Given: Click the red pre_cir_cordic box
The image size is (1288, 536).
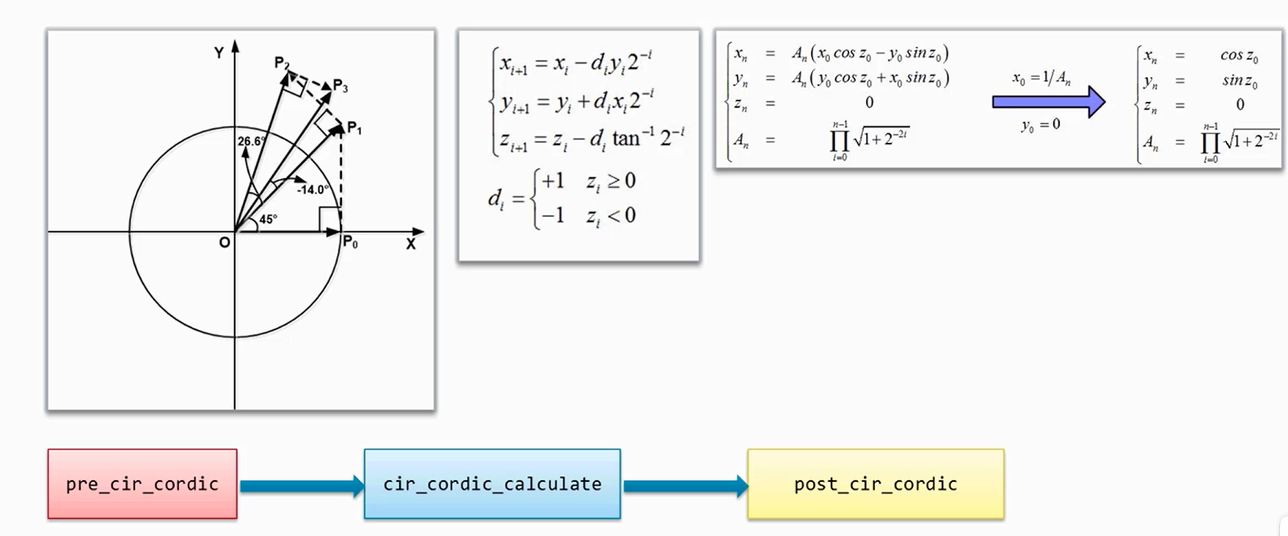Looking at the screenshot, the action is pyautogui.click(x=142, y=484).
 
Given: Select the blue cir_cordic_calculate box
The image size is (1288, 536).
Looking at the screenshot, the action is pyautogui.click(x=492, y=484).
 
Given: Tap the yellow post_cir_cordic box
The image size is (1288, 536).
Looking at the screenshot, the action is pyautogui.click(x=876, y=484).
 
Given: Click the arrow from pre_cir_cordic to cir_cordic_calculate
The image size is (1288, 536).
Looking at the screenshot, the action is pyautogui.click(x=301, y=485).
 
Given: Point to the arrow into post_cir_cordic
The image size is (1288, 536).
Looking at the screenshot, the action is pyautogui.click(x=685, y=485).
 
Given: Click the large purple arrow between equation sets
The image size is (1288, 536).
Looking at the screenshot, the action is pyautogui.click(x=1048, y=102).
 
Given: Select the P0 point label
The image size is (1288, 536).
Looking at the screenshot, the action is pyautogui.click(x=350, y=243).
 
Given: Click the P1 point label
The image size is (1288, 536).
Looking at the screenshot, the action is pyautogui.click(x=354, y=129).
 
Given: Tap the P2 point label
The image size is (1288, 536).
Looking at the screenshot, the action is pyautogui.click(x=282, y=62).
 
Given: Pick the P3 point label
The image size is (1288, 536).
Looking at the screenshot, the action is pyautogui.click(x=340, y=86).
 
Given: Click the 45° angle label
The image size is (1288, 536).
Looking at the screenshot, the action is pyautogui.click(x=268, y=219).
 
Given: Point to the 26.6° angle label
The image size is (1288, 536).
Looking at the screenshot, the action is pyautogui.click(x=251, y=141).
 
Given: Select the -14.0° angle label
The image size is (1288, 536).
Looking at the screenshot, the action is pyautogui.click(x=313, y=190).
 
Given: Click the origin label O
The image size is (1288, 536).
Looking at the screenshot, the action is pyautogui.click(x=224, y=243).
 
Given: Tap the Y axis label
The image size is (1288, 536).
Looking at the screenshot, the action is pyautogui.click(x=219, y=53).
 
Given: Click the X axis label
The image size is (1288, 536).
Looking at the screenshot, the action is pyautogui.click(x=410, y=244).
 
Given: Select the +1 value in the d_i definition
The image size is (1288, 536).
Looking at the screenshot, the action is pyautogui.click(x=552, y=180).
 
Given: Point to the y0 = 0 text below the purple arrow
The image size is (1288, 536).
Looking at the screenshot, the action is pyautogui.click(x=1040, y=125).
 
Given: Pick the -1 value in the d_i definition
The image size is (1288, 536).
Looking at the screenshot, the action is pyautogui.click(x=552, y=216).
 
